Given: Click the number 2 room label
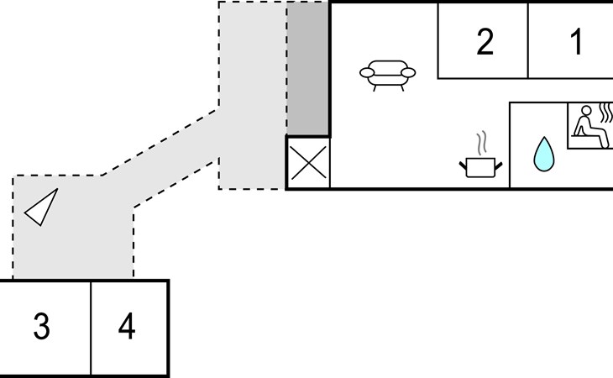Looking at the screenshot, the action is (485, 41).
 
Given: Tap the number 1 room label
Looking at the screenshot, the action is (577, 41).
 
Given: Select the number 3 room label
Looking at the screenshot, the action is (42, 326).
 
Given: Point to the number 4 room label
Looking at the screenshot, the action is (127, 326).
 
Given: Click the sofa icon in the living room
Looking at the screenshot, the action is (387, 76).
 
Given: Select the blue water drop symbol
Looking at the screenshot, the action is (544, 154).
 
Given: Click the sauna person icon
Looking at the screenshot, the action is (590, 126).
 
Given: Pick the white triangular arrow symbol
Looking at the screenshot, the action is (41, 207).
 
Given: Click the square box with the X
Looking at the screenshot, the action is (308, 162).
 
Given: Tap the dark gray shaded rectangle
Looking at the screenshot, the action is (307, 68).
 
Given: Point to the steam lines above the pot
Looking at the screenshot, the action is (482, 143).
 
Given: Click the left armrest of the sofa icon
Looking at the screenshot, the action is (367, 73).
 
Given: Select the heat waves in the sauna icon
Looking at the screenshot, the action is (606, 113).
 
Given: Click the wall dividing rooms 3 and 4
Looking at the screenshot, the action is (91, 328).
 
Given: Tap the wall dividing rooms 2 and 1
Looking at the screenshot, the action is (528, 40).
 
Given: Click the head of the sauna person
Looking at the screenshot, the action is (586, 111).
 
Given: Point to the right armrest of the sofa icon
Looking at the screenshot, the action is (408, 73).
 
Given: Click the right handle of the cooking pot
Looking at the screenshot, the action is (499, 166).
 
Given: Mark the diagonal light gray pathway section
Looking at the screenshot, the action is (160, 158).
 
